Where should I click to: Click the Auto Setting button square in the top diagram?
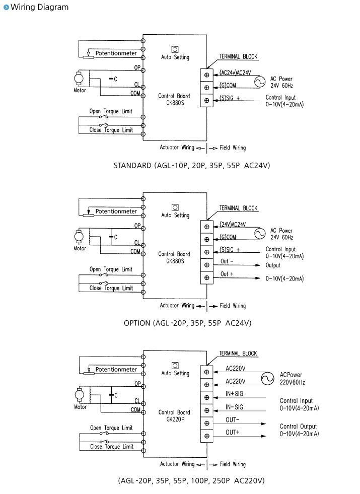[175, 49]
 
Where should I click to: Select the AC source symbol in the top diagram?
[259, 81]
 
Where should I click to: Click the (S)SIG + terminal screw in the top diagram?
[207, 100]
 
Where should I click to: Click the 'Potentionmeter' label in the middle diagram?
[116, 211]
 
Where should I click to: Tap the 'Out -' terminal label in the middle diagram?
[227, 261]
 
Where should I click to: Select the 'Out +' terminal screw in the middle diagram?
[207, 277]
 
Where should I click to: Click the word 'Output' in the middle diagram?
[273, 265]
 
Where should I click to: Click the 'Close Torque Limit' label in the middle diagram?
[111, 288]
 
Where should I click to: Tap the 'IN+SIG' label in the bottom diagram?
[235, 393]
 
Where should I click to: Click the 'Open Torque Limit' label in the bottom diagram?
[111, 428]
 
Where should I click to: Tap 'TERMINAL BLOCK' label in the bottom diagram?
[238, 354]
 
